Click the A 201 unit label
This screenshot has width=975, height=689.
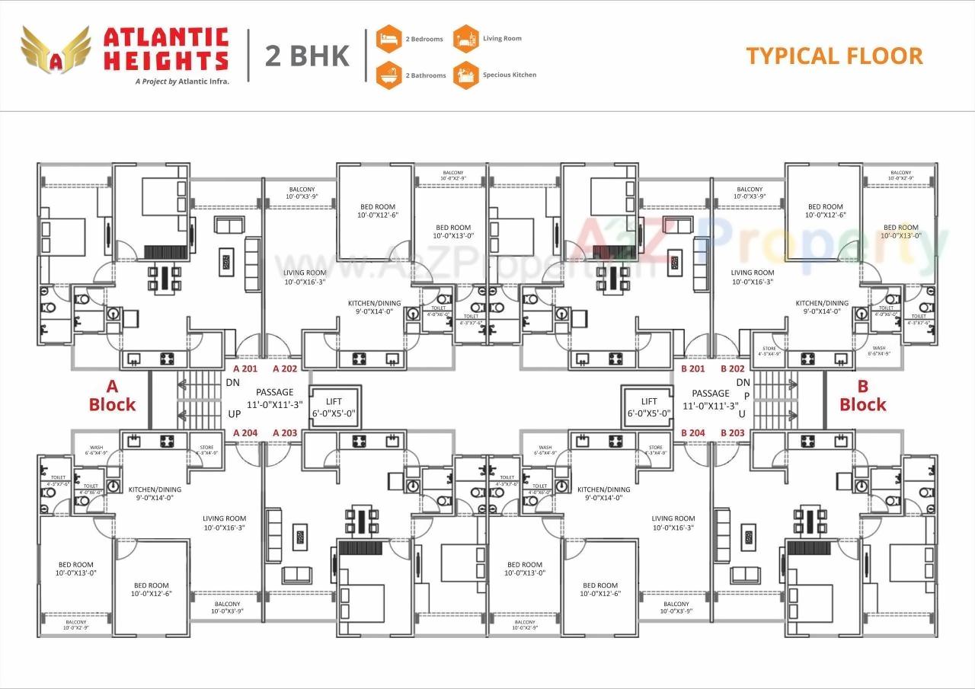pyautogui.click(x=246, y=368)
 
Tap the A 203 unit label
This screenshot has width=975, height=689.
pyautogui.click(x=285, y=432)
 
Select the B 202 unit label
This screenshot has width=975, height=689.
pyautogui.click(x=733, y=368)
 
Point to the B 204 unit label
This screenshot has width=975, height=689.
pyautogui.click(x=693, y=432)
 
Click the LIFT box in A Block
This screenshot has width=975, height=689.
pyautogui.click(x=334, y=407)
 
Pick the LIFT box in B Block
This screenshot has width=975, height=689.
pyautogui.click(x=648, y=407)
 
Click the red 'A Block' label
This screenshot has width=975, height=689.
pyautogui.click(x=112, y=396)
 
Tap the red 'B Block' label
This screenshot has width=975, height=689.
pyautogui.click(x=863, y=396)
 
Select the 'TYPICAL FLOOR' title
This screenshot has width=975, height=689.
pyautogui.click(x=834, y=56)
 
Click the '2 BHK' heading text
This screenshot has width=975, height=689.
pyautogui.click(x=308, y=56)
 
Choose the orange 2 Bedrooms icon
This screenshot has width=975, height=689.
pyautogui.click(x=388, y=38)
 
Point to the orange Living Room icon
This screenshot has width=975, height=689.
pyautogui.click(x=466, y=38)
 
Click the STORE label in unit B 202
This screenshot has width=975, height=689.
pyautogui.click(x=769, y=348)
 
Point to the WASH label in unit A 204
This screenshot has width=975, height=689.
pyautogui.click(x=97, y=448)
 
